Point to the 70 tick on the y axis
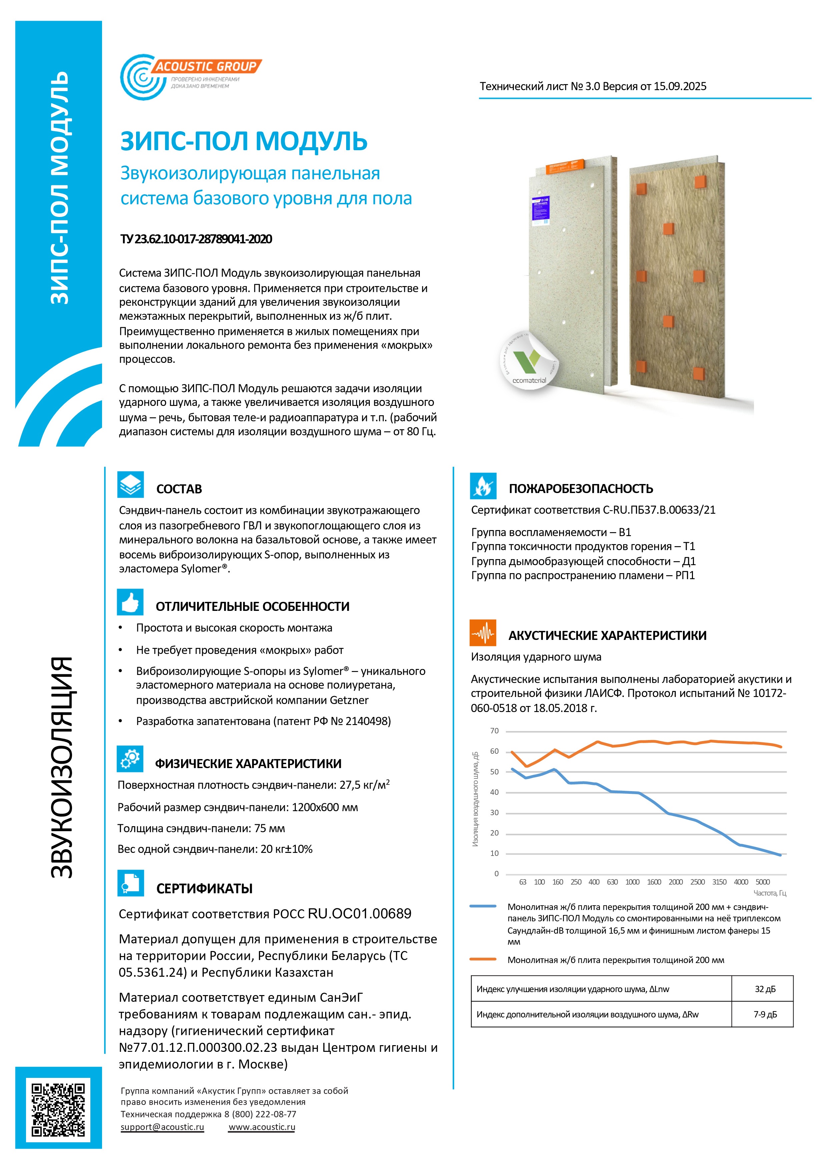click(x=494, y=731)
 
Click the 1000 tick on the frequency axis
click(x=632, y=882)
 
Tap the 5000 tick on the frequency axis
click(x=762, y=882)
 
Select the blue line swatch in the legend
click(x=483, y=906)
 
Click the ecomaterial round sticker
click(x=529, y=360)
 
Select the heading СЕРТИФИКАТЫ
click(x=204, y=889)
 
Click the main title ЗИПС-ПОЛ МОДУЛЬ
click(x=243, y=141)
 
